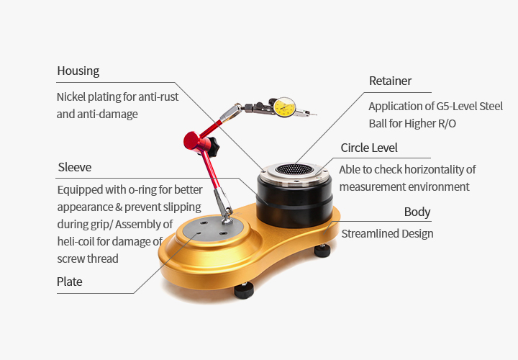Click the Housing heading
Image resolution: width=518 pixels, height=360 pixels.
pyautogui.click(x=78, y=71)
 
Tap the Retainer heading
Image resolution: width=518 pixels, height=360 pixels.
pyautogui.click(x=390, y=81)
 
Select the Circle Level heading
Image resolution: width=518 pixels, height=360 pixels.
pyautogui.click(x=369, y=148)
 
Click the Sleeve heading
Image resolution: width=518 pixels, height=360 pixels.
pyautogui.click(x=75, y=167)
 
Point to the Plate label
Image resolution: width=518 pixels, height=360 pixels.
pyautogui.click(x=69, y=282)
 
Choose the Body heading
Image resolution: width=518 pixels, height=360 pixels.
pyautogui.click(x=417, y=212)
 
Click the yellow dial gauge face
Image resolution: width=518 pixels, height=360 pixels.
pyautogui.click(x=284, y=107)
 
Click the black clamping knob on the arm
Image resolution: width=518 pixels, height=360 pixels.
pyautogui.click(x=212, y=145)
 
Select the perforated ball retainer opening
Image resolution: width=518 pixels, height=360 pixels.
pyautogui.click(x=294, y=169)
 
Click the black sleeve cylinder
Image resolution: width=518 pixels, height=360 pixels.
pyautogui.click(x=294, y=202)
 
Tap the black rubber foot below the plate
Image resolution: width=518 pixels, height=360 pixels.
pyautogui.click(x=244, y=291)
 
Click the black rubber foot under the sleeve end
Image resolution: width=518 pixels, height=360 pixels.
pyautogui.click(x=322, y=251)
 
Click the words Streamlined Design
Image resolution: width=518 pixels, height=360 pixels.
pyautogui.click(x=387, y=234)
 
